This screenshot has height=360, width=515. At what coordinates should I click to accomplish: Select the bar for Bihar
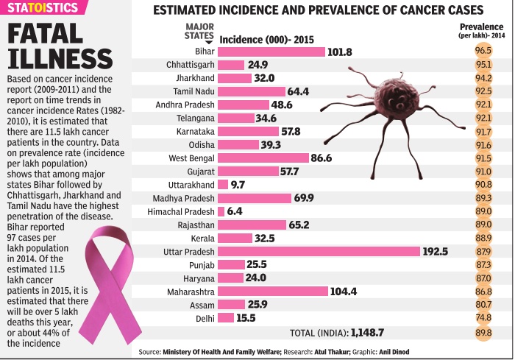272,52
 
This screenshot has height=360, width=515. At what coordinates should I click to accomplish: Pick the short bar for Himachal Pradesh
223,211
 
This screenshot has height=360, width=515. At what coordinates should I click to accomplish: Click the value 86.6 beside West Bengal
322,158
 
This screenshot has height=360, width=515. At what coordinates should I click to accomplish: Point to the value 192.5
435,251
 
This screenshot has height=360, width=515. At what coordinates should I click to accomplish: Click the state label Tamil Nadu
190,91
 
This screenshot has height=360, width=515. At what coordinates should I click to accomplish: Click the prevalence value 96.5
483,51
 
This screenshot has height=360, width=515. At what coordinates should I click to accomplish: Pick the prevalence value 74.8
483,317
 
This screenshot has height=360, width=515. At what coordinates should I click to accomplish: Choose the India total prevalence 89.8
483,332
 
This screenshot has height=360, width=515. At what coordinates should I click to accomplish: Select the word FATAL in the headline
50,35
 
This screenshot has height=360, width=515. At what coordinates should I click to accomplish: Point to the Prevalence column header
482,29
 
